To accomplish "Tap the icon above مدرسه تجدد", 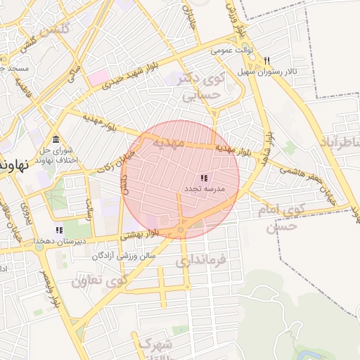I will pyautogui.click(x=204, y=179).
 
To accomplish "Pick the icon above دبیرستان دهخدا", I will pyautogui.click(x=59, y=230).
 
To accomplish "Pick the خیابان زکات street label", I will pyautogui.click(x=112, y=161).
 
